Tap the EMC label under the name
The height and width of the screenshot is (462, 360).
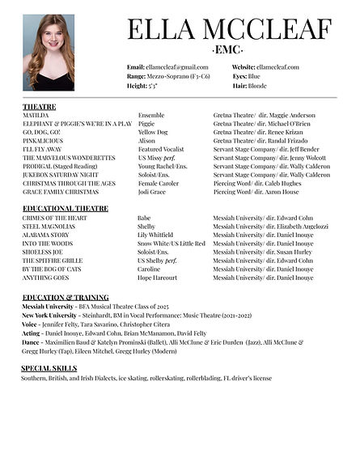tap(230, 50)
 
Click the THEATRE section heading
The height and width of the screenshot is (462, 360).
tap(39, 107)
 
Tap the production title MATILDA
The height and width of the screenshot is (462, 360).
tap(36, 116)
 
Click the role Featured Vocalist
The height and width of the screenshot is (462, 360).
tap(162, 150)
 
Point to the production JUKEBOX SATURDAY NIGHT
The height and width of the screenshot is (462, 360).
tap(61, 174)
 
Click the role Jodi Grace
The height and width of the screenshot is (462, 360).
tap(154, 191)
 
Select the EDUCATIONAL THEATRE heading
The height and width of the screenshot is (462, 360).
tap(66, 209)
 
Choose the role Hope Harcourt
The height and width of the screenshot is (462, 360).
tap(158, 278)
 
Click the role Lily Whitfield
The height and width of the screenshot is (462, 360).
tap(158, 235)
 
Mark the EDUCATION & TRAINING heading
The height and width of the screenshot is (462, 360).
tap(65, 298)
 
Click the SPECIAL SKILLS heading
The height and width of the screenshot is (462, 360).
tap(49, 368)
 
